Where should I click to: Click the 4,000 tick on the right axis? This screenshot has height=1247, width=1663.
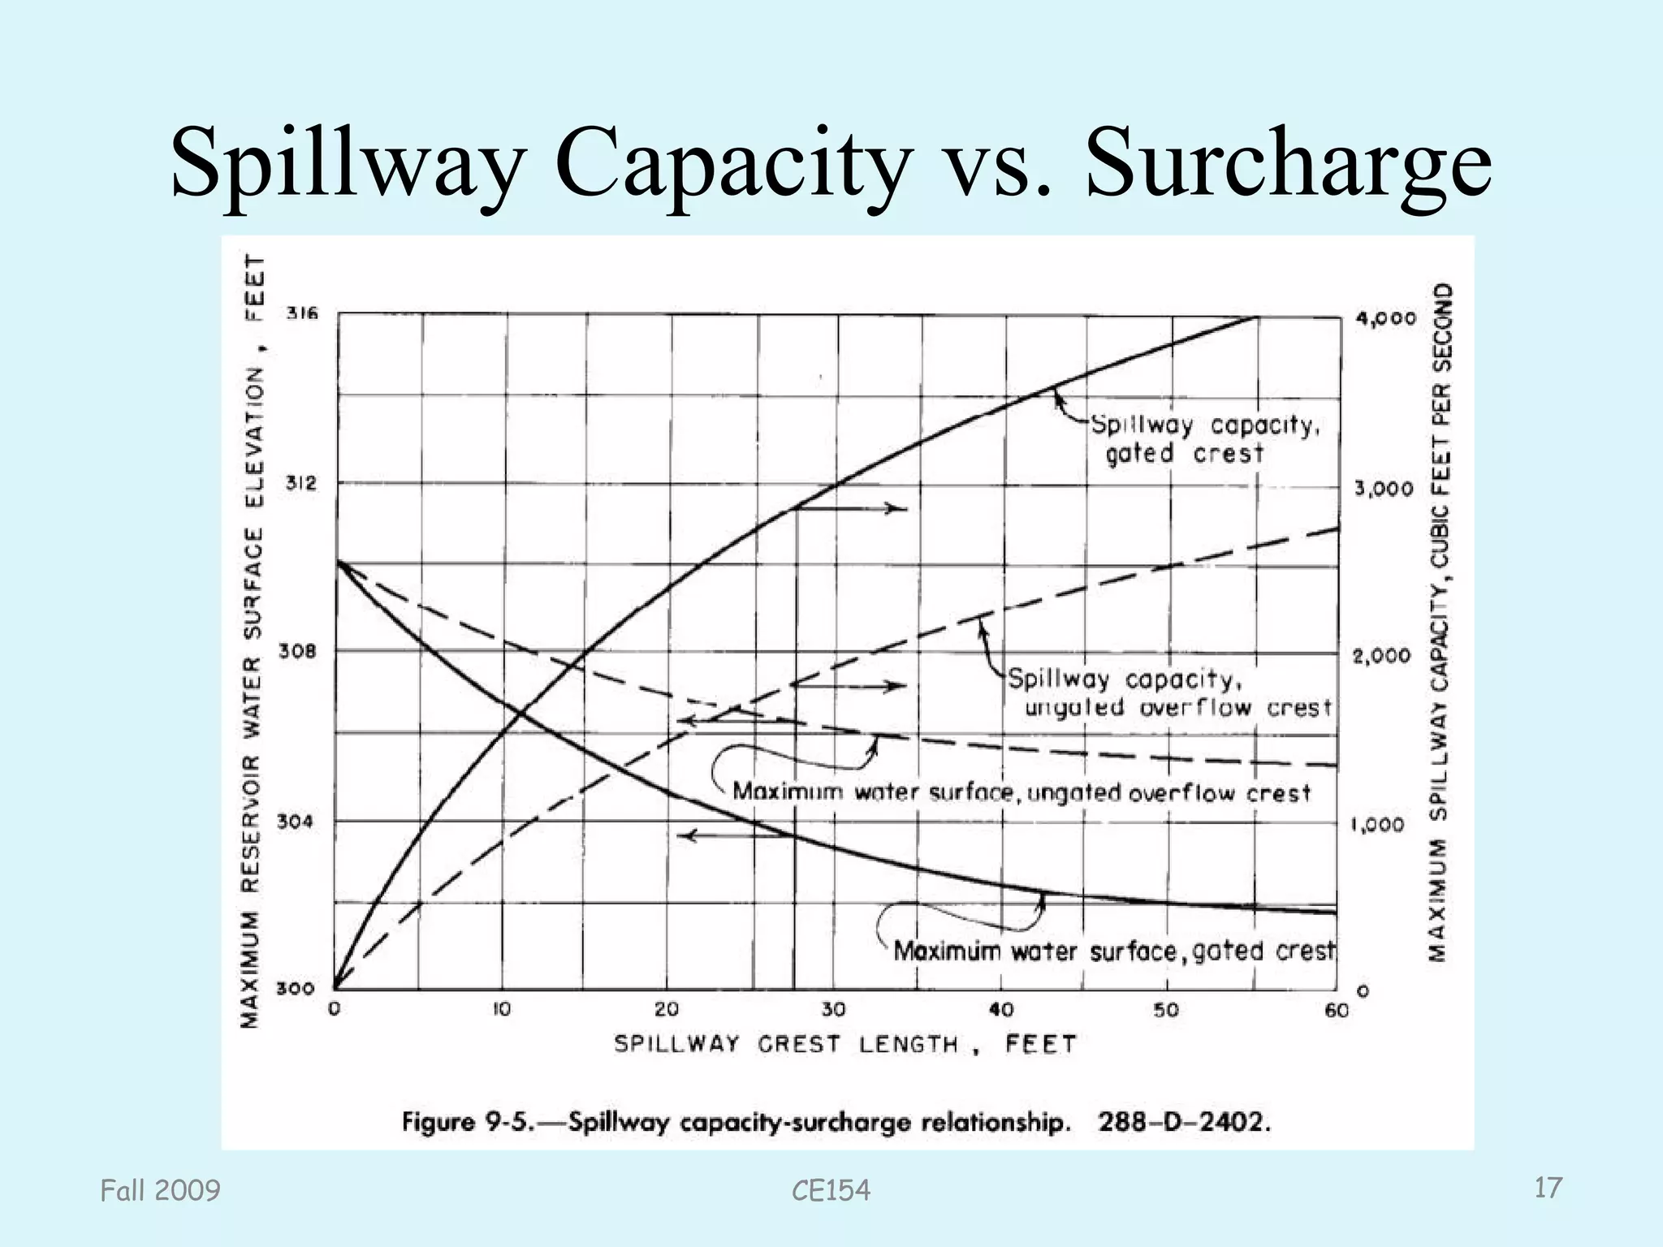(x=1385, y=318)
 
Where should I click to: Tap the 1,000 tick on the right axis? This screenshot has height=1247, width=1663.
(x=1377, y=825)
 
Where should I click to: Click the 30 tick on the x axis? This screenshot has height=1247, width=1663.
(x=833, y=1010)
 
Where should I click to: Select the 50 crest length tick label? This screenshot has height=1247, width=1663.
(x=1166, y=1010)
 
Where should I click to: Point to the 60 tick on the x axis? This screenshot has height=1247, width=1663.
(x=1336, y=1010)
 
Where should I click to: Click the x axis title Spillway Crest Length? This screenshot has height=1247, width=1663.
(x=844, y=1044)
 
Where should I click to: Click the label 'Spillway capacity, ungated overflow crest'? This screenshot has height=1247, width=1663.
(x=1169, y=693)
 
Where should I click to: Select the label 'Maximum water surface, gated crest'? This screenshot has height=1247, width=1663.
(x=1114, y=951)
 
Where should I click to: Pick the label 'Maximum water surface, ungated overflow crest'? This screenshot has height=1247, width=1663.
(x=1022, y=792)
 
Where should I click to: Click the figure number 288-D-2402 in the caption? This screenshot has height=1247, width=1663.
(x=1183, y=1123)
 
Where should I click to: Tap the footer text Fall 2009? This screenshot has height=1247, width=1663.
(x=160, y=1191)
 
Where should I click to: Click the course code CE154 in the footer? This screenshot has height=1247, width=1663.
(x=831, y=1191)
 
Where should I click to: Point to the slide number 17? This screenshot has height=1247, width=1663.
(x=1548, y=1189)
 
